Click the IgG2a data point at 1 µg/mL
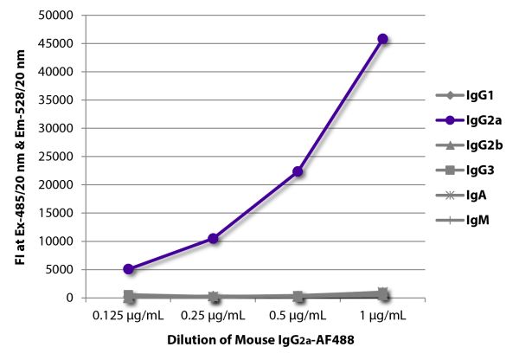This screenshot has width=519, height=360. click(382, 39)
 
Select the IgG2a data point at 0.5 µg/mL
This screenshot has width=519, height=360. click(298, 171)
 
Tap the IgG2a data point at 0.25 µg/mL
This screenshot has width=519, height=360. click(213, 238)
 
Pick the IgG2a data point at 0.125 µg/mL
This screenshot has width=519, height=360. click(128, 269)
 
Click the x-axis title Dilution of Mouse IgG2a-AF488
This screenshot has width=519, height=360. click(256, 342)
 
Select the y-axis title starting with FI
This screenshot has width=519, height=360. click(20, 156)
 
